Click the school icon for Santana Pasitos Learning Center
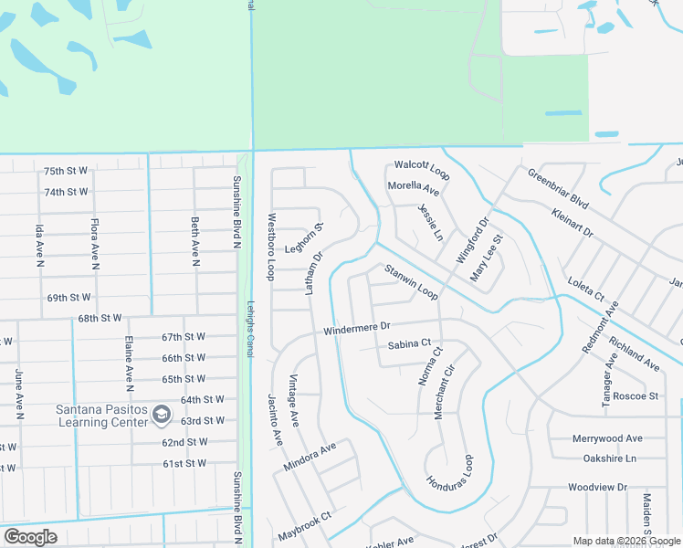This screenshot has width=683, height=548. tap(162, 415)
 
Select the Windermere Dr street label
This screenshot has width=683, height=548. tap(357, 327)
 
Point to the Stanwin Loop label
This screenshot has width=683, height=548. tap(411, 282)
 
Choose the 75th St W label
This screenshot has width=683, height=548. tap(66, 171)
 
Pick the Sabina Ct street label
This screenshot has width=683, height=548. tap(408, 343)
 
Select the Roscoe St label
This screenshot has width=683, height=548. tap(636, 395)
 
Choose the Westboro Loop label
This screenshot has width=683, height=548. tap(271, 247)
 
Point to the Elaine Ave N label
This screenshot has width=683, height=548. tap(130, 361)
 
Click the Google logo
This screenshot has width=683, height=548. tap(30, 537)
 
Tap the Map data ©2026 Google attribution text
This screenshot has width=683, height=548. tap(625, 541)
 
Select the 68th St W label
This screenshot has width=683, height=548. tap(100, 318)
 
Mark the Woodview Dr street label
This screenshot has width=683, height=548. tap(597, 488)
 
